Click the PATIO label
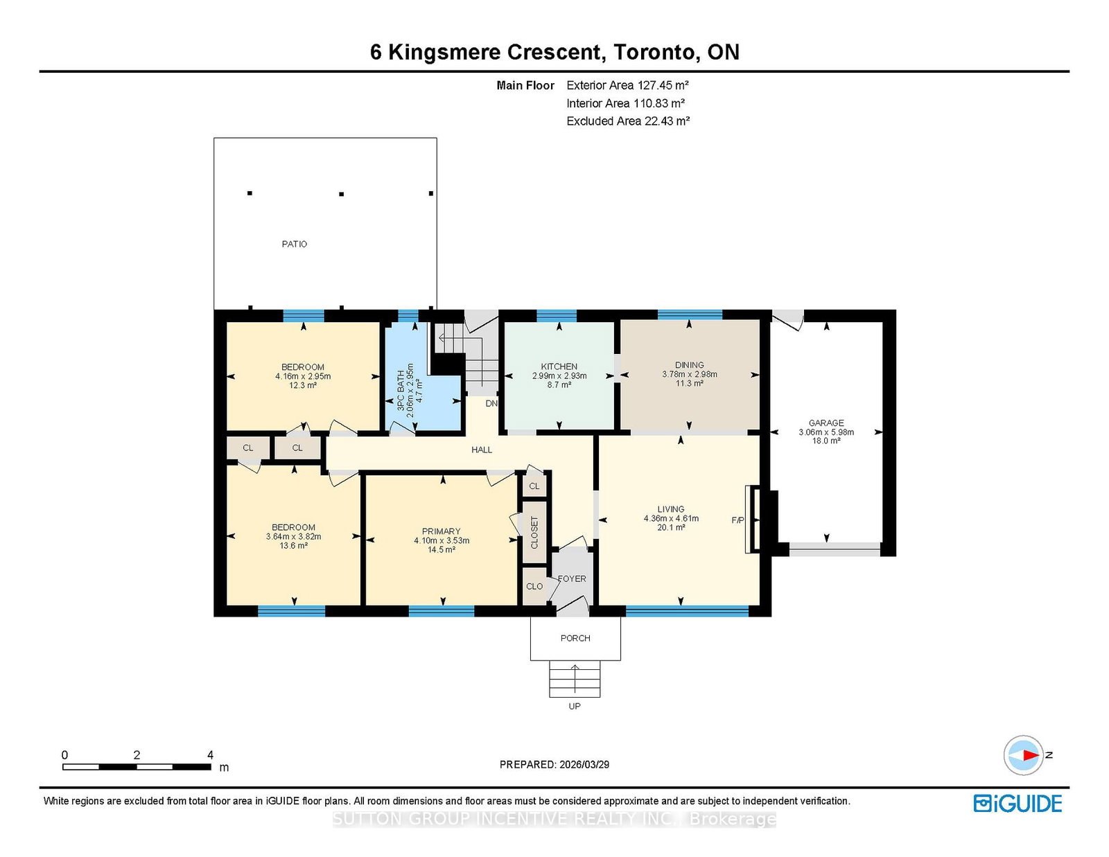(294, 244)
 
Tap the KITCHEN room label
(559, 366)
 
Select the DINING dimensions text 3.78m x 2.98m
(689, 374)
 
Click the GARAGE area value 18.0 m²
(826, 441)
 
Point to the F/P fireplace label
(737, 520)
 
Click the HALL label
(481, 450)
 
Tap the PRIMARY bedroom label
(441, 531)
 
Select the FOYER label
(572, 578)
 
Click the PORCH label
(575, 638)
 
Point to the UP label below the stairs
(575, 706)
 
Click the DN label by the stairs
(491, 403)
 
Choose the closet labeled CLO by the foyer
(534, 586)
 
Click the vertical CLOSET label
(534, 532)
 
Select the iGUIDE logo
(1018, 804)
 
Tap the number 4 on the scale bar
(210, 755)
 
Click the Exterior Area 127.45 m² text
(627, 85)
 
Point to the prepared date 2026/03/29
(584, 764)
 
